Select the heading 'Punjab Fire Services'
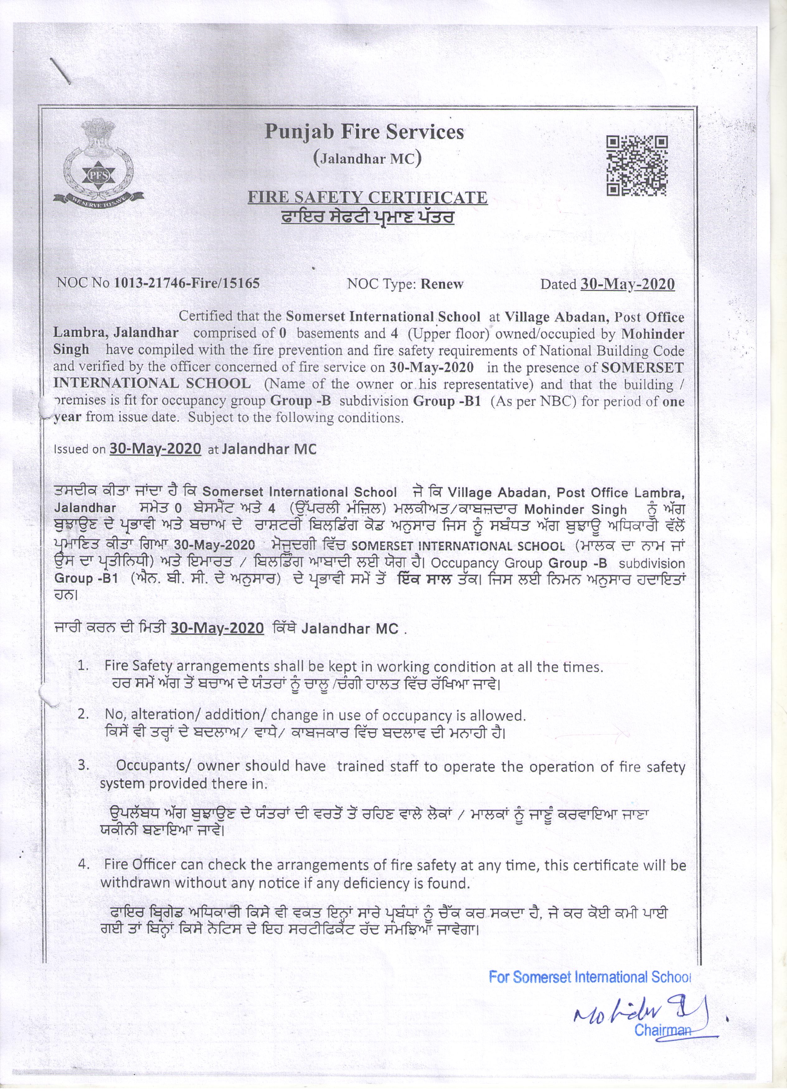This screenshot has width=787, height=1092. (x=364, y=131)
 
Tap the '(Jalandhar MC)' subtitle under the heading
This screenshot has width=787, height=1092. (x=367, y=158)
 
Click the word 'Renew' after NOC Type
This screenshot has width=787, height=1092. (x=442, y=284)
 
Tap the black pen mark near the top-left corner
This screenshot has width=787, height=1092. (x=62, y=71)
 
